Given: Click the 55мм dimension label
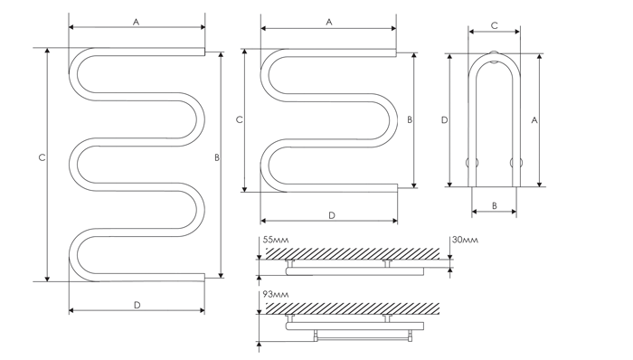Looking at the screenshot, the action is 276,240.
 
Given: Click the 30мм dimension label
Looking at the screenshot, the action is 465,240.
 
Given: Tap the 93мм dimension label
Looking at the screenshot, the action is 276,294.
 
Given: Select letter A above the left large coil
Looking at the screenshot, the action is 137,23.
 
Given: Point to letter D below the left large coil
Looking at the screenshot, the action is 137,305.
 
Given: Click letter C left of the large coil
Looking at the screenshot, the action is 42,157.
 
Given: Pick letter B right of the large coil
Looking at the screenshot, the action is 217,157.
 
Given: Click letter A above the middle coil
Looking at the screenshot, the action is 329,23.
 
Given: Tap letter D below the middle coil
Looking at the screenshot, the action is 332,215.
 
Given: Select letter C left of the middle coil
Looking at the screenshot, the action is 240,120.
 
